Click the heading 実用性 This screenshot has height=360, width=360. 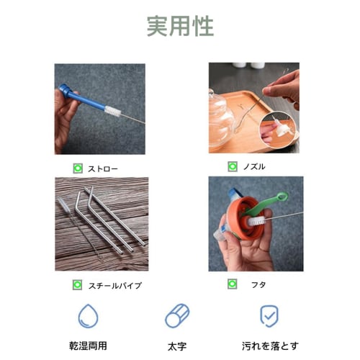[x=180, y=26]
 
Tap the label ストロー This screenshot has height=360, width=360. [x=103, y=169]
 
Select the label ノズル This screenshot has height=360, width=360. [x=254, y=166]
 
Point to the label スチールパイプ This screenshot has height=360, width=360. [x=115, y=286]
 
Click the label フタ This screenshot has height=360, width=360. [x=258, y=285]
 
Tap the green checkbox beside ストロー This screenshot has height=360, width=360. [x=78, y=168]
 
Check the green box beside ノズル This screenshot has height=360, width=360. [x=233, y=166]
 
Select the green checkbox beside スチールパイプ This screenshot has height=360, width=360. [x=77, y=285]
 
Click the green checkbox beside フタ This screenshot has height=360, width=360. [x=233, y=284]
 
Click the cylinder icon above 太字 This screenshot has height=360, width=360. [x=177, y=316]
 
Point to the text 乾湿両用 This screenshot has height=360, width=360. [x=88, y=346]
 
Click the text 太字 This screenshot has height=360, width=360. [x=177, y=346]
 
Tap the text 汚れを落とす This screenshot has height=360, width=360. [x=270, y=346]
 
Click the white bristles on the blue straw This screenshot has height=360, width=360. [x=112, y=111]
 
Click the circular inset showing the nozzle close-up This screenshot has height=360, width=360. [x=278, y=129]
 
